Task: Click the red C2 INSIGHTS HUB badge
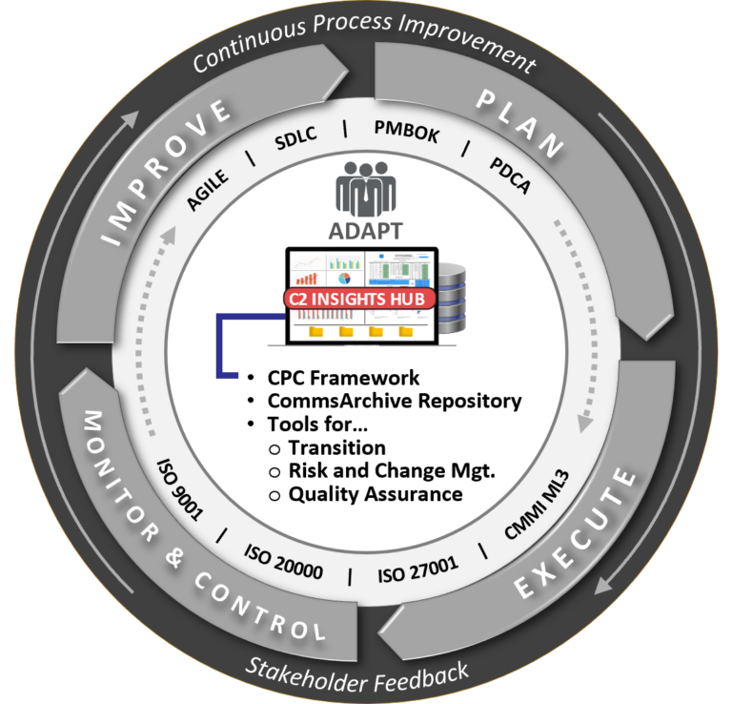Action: coord(359,299)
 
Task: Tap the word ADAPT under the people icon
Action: coord(366,231)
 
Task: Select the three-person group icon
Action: coord(366,189)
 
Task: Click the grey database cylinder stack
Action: coord(452,298)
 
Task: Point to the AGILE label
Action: coord(208,190)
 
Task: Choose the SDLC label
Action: coord(296,137)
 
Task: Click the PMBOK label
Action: coord(407,132)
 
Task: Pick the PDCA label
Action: coord(510,176)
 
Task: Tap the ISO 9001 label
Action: coord(180,489)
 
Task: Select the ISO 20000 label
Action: coord(283,562)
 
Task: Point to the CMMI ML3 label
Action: coord(538,505)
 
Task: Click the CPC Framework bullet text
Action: coord(343,378)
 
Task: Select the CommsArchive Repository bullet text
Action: coord(395,402)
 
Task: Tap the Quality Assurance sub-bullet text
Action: coord(376,494)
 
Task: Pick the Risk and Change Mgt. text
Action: coord(392,471)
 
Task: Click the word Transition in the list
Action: coord(337,447)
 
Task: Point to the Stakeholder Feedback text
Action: coord(357,675)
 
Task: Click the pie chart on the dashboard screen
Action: coord(344,279)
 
